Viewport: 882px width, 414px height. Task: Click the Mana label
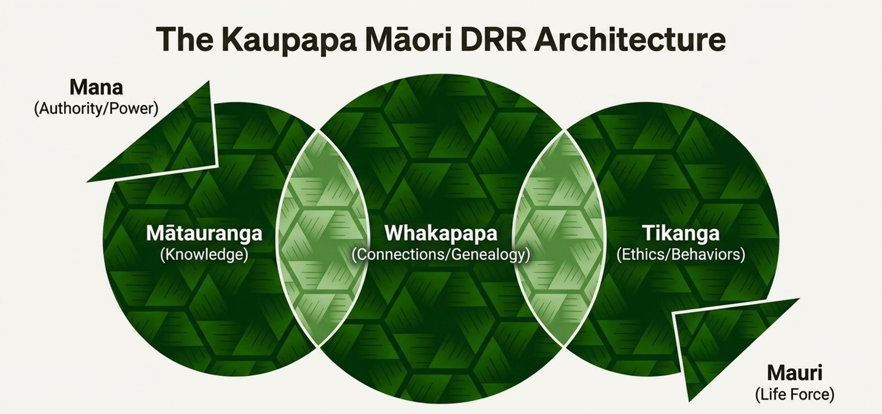tap(96, 87)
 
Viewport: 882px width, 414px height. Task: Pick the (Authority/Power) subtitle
tap(96, 109)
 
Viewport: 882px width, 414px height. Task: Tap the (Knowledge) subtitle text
tap(204, 254)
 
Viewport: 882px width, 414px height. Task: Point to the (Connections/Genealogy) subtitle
tap(441, 254)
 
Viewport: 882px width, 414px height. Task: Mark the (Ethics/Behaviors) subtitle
tap(681, 254)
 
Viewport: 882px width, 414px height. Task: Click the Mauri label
tap(794, 373)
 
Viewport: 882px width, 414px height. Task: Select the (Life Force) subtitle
tap(794, 394)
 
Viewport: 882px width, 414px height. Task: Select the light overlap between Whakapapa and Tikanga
tap(559, 239)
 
